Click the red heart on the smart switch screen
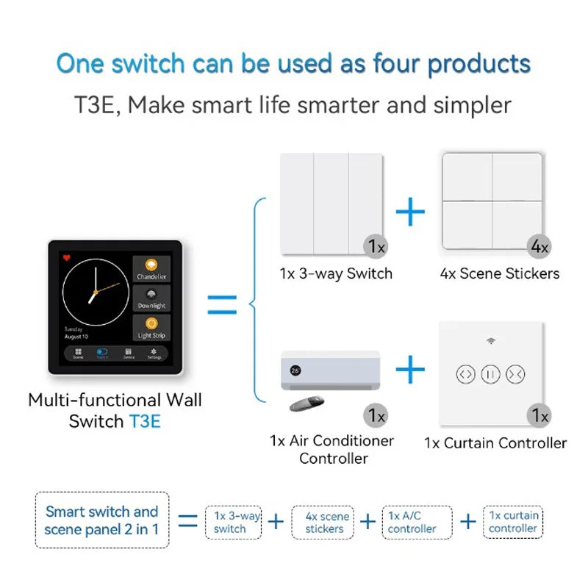[x=65, y=258]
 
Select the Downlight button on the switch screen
[x=151, y=298]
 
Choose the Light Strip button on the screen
[x=151, y=327]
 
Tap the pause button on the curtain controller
[x=490, y=373]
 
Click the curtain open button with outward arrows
[x=466, y=373]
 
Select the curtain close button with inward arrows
[x=515, y=373]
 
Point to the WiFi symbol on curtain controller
[x=490, y=341]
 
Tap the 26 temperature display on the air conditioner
[x=295, y=370]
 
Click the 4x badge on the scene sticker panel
[x=539, y=247]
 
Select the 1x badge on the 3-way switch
[x=376, y=247]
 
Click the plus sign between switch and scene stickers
[x=410, y=212]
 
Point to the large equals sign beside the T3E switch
[x=222, y=304]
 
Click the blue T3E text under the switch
[x=144, y=422]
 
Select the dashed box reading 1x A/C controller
[x=417, y=522]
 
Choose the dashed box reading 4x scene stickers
[x=324, y=522]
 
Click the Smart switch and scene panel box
[x=101, y=520]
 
